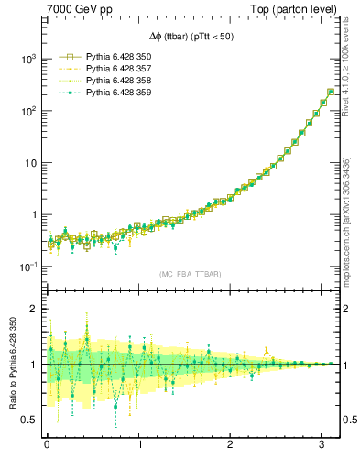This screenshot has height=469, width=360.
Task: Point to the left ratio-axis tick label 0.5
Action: [28, 420]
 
